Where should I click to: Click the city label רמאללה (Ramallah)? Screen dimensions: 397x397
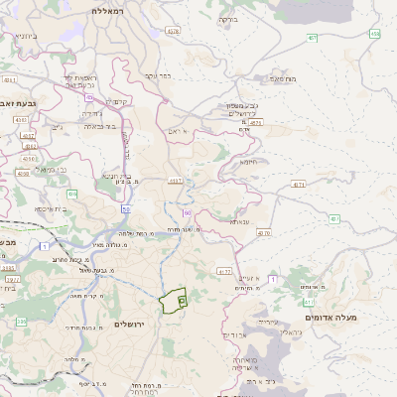tap(104, 10)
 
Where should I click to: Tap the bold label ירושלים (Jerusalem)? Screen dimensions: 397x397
tap(130, 326)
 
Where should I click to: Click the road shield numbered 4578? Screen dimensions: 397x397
tap(174, 31)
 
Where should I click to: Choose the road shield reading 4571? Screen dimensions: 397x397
tap(256, 122)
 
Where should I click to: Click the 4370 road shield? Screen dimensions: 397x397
tap(263, 232)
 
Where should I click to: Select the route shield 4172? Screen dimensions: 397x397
tap(224, 270)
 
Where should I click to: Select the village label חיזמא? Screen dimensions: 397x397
tap(248, 161)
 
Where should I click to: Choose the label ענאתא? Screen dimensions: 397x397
tap(239, 221)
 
